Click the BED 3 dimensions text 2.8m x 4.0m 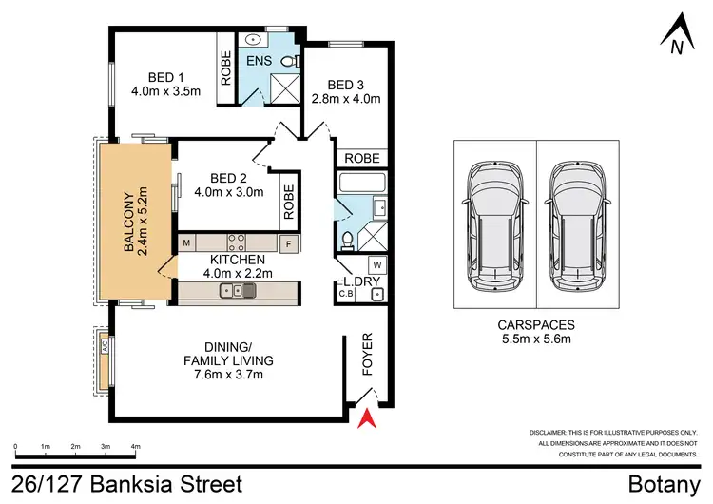point(347,98)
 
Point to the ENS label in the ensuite point(259,61)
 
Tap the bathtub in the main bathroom point(362,183)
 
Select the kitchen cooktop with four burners point(235,242)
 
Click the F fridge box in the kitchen point(290,242)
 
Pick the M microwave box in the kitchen point(187,242)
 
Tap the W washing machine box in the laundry point(376,264)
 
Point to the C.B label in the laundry point(346,295)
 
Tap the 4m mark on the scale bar point(136,444)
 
